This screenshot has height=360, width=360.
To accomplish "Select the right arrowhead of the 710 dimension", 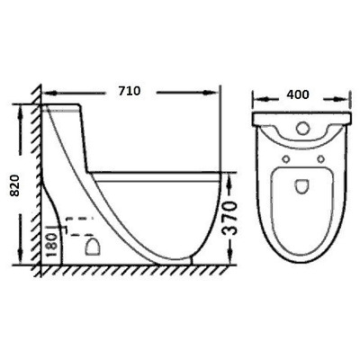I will [217, 91].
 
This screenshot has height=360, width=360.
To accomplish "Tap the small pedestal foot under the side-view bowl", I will [194, 261].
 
